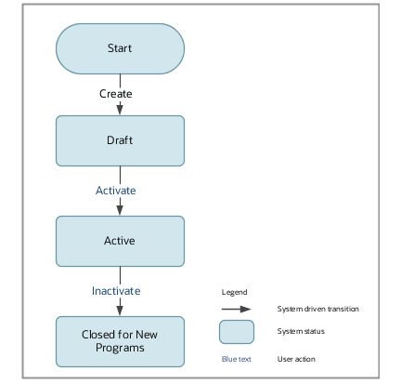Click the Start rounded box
tap(119, 48)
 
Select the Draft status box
tap(119, 139)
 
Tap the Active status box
tap(119, 241)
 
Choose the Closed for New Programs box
tap(119, 341)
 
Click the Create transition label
tap(116, 94)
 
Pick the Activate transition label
tap(116, 190)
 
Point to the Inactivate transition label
tap(116, 291)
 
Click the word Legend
tap(234, 292)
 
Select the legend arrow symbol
tap(236, 310)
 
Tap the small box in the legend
tap(237, 332)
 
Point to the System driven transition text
tap(317, 309)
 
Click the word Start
tap(119, 48)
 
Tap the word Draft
tap(119, 139)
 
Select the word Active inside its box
tap(119, 241)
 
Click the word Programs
tap(119, 348)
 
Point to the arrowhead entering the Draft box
tap(120, 111)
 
